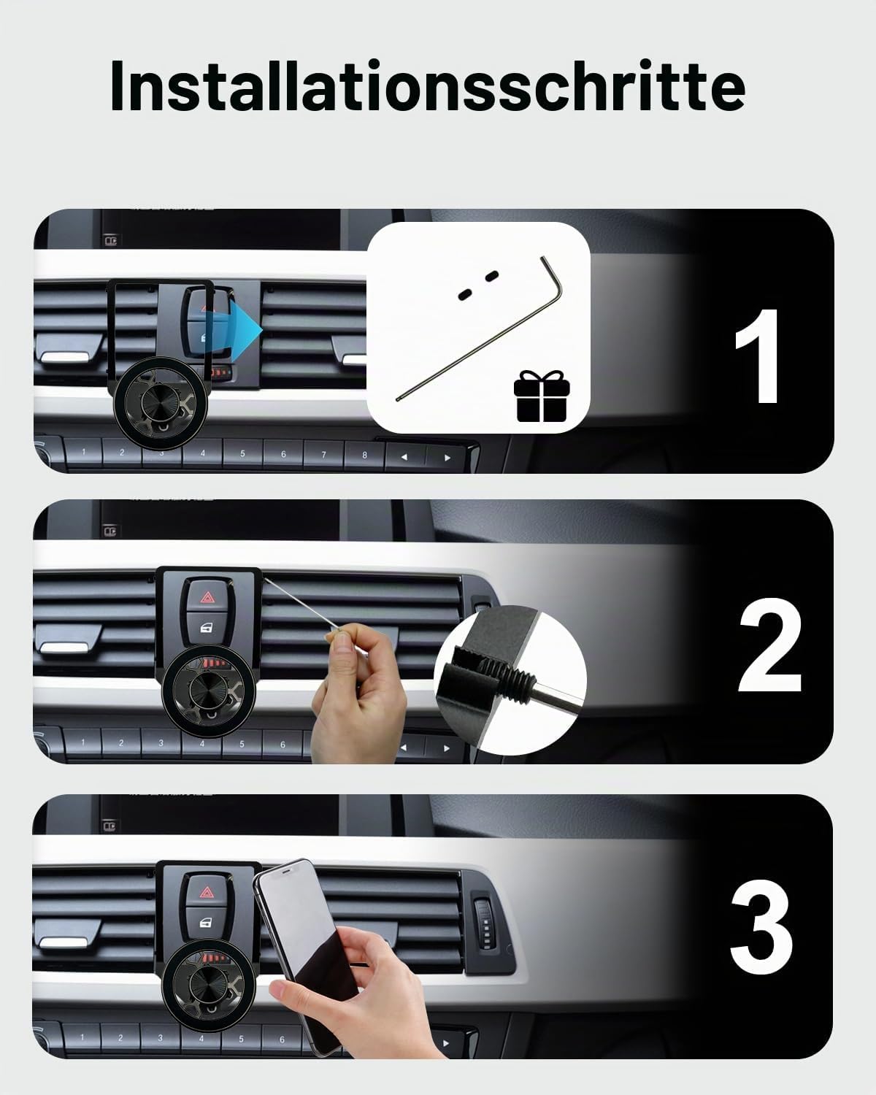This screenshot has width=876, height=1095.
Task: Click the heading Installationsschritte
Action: pyautogui.click(x=428, y=85)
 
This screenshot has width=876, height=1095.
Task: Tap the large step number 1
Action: pyautogui.click(x=758, y=356)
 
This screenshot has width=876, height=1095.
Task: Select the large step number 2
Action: pyautogui.click(x=769, y=645)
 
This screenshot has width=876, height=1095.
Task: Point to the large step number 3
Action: pyautogui.click(x=761, y=934)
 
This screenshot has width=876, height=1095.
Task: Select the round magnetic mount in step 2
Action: pyautogui.click(x=210, y=691)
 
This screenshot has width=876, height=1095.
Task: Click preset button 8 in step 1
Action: pyautogui.click(x=364, y=456)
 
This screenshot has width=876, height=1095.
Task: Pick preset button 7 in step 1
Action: pyautogui.click(x=323, y=455)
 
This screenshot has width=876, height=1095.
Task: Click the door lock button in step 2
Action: pyautogui.click(x=206, y=629)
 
